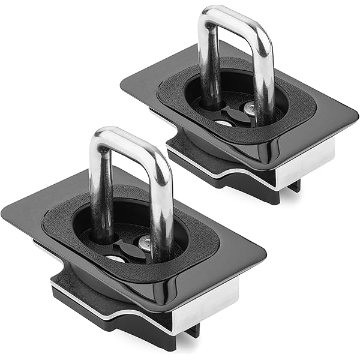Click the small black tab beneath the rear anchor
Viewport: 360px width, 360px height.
pyautogui.click(x=294, y=187)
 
